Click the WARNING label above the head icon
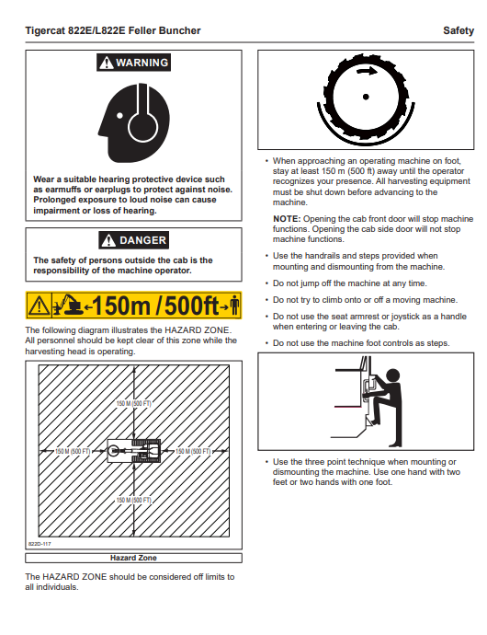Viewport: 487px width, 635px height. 133,63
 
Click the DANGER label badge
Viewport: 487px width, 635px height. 134,240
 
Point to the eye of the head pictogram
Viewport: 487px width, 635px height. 119,115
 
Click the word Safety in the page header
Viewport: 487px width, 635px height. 459,30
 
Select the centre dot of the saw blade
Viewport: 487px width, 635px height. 366,97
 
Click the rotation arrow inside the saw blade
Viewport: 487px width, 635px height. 367,72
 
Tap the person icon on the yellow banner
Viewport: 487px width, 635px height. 234,306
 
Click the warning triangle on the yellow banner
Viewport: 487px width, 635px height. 39,306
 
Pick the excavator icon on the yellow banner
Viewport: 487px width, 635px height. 68,305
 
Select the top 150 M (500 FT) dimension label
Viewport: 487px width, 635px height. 134,403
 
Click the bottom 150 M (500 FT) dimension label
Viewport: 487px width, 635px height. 134,500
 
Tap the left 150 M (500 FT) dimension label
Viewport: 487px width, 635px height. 73,451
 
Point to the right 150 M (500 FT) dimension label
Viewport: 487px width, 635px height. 193,451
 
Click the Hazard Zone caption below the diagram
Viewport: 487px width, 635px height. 133,558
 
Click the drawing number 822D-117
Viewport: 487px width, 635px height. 40,544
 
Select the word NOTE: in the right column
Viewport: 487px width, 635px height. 287,219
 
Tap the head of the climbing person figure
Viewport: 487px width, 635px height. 392,375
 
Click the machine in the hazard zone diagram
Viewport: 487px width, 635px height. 134,451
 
